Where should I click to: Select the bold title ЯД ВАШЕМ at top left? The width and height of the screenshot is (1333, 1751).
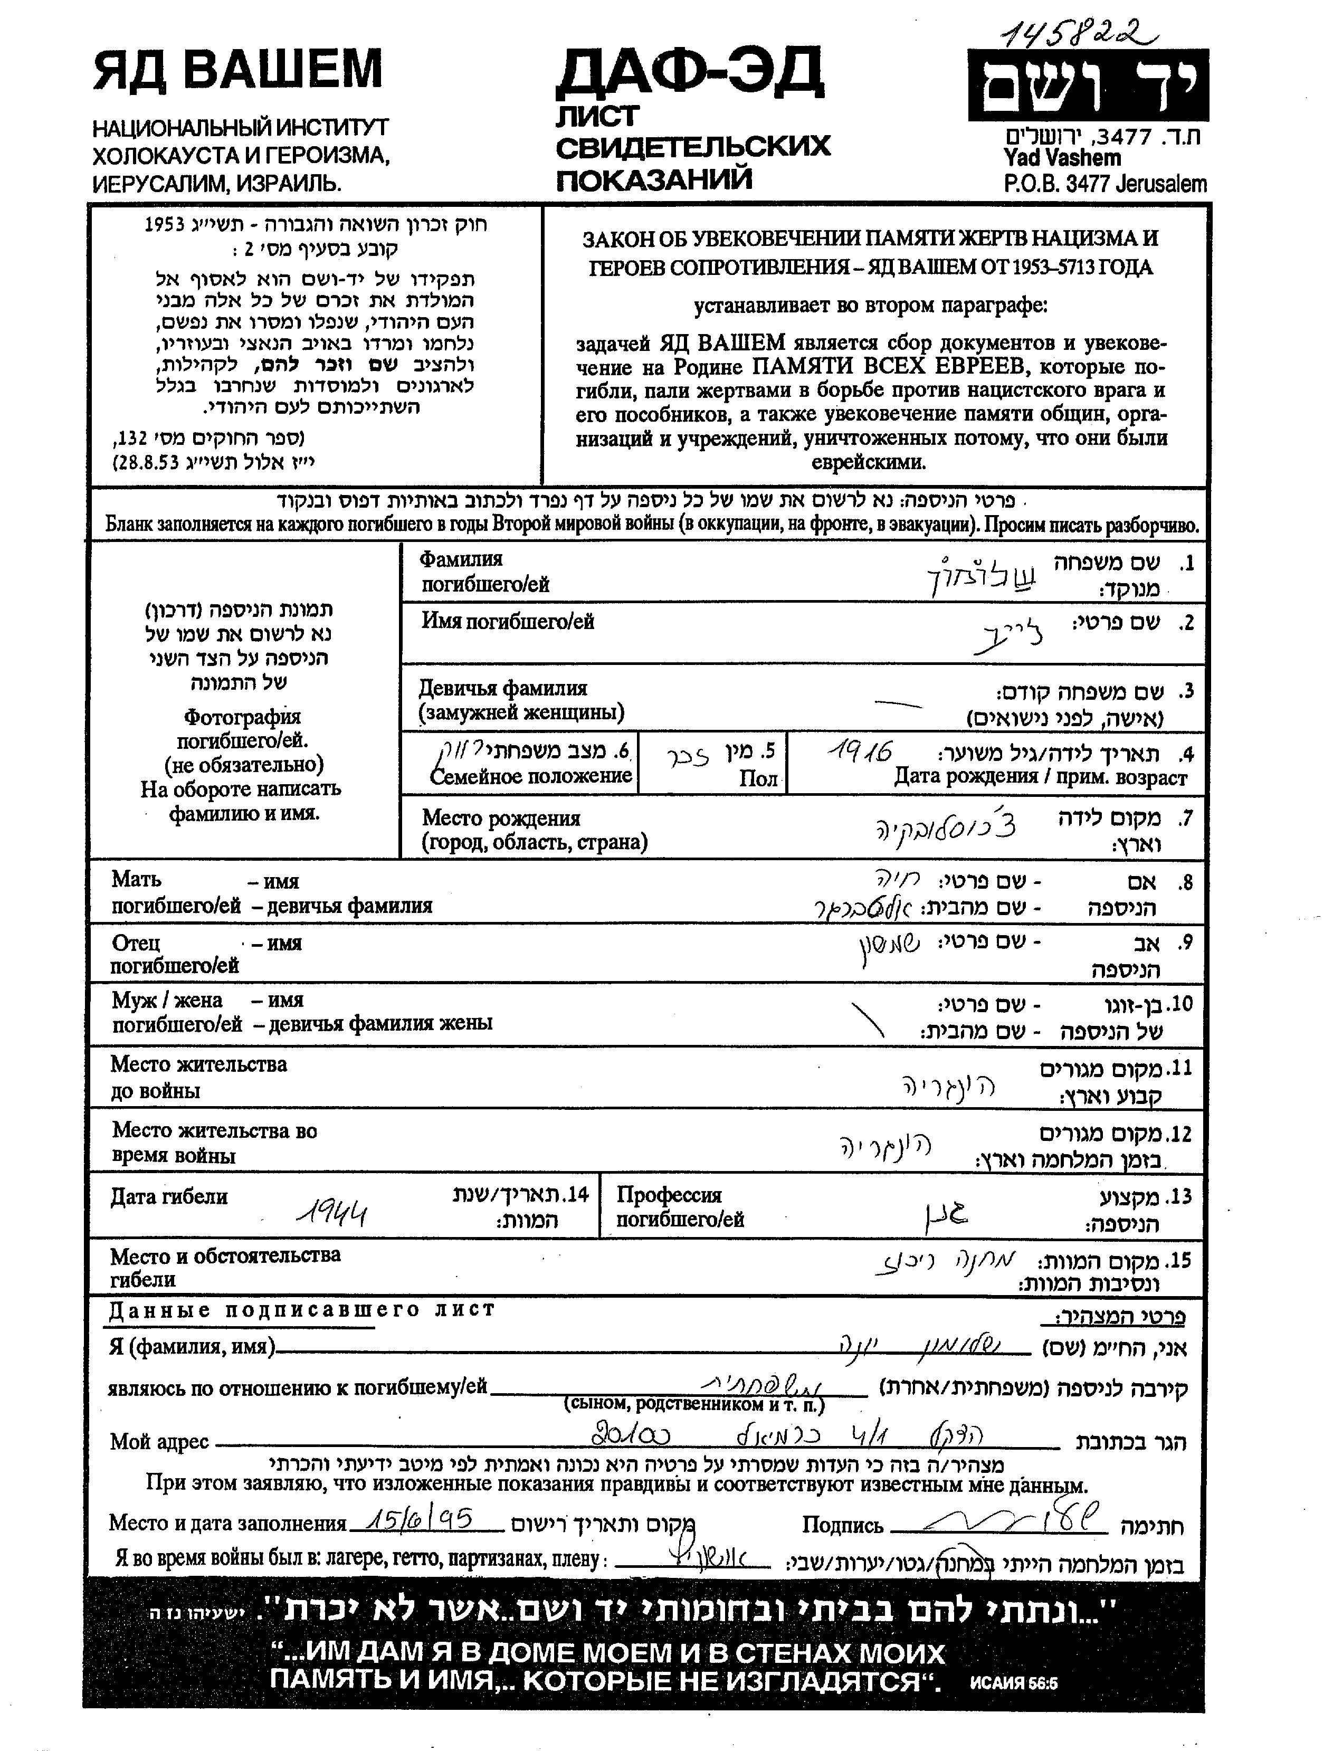coord(238,69)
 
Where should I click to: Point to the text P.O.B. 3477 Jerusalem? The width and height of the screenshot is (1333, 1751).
coord(1105,184)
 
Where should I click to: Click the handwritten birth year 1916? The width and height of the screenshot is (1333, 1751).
coord(860,750)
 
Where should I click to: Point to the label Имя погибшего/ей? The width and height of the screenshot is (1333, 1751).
coord(508,621)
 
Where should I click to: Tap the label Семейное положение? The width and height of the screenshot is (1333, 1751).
coord(531,775)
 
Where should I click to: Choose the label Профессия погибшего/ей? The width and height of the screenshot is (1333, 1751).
coord(680,1207)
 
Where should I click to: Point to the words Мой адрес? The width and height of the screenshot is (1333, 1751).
coord(159,1441)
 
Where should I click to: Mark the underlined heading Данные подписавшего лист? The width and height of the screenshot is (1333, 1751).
coord(301,1309)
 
